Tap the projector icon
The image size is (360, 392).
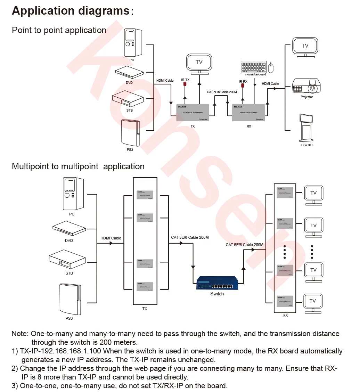[306, 86]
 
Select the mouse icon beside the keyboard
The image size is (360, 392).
[271, 67]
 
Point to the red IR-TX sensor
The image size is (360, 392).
[185, 84]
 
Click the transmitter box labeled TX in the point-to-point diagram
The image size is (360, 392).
[193, 112]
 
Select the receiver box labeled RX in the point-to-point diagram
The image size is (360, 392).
[249, 112]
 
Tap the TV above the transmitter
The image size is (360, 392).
[199, 63]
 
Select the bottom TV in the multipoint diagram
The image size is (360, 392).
[313, 301]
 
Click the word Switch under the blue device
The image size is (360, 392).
[217, 294]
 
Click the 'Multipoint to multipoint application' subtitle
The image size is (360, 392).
[78, 166]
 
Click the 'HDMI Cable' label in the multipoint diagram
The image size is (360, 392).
[111, 238]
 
